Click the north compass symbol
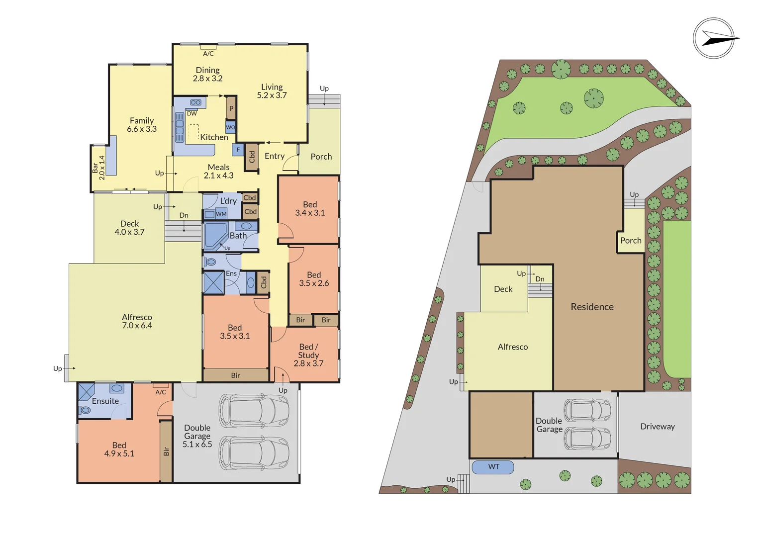pos(714,38)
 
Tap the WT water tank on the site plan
pos(493,467)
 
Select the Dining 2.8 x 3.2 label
pos(208,75)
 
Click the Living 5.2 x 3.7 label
pos(272,91)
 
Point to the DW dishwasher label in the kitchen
pos(192,114)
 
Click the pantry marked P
pos(231,108)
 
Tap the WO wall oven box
pos(230,127)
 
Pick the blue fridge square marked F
pos(238,150)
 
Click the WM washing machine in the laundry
pos(221,214)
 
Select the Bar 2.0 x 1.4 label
pos(98,168)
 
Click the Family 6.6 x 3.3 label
pos(142,125)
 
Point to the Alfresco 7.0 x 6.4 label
pos(137,321)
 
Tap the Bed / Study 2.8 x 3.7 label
pos(308,355)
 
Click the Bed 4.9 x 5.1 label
pos(119,449)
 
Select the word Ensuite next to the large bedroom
pos(105,401)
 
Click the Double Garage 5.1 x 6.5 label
pos(197,436)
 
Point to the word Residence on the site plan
pos(592,307)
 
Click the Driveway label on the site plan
pos(658,427)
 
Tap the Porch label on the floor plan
pos(321,157)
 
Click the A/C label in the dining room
pos(208,54)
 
